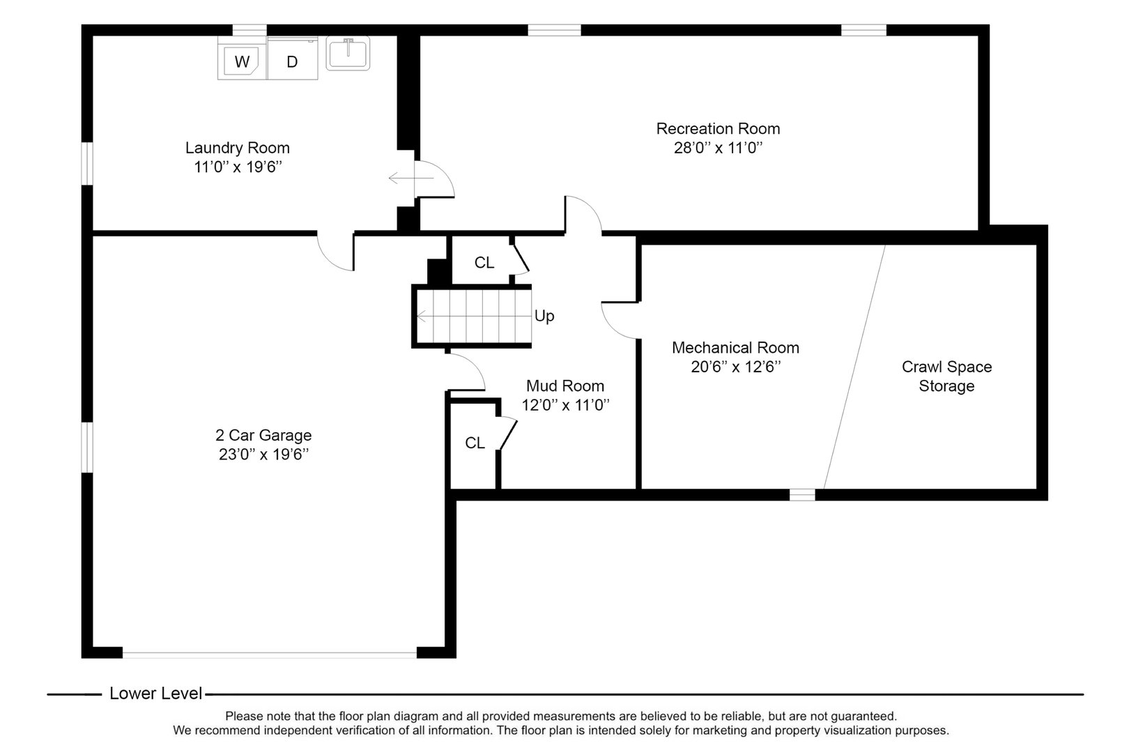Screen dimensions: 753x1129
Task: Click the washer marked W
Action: [241, 61]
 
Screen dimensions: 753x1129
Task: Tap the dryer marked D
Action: [292, 61]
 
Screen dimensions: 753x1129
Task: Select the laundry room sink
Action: [348, 53]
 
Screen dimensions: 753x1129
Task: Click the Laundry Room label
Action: [237, 148]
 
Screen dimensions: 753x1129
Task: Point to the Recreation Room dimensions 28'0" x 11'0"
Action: [718, 148]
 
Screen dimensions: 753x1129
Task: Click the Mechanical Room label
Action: [735, 347]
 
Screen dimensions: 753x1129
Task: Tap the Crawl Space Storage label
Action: [946, 376]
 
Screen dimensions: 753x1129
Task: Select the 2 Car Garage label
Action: [263, 435]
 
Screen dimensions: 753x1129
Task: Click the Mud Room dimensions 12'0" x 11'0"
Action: [565, 405]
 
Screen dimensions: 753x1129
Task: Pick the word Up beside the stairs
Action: [544, 316]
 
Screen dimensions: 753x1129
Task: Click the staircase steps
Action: [474, 316]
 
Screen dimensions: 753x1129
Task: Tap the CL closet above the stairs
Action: [484, 263]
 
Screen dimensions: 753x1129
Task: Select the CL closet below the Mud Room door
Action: [475, 443]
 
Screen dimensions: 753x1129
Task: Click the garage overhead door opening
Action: [269, 654]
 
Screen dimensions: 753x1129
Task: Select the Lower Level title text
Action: [155, 694]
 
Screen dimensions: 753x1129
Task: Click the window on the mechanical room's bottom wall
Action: [801, 494]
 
